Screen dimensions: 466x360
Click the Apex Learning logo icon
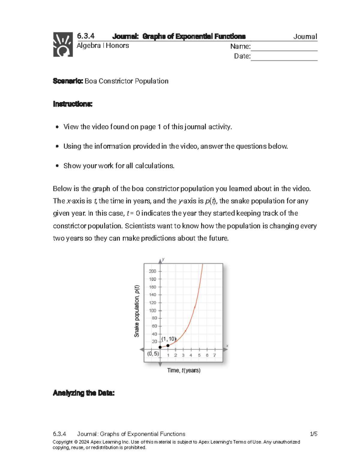[63, 44]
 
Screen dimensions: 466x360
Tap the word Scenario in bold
[68, 81]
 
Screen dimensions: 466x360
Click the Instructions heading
[73, 104]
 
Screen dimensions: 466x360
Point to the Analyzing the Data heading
[84, 393]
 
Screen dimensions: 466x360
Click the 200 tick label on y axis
[152, 271]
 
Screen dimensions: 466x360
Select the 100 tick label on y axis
[152, 311]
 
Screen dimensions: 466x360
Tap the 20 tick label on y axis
[154, 341]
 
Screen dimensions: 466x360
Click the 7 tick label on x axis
[214, 355]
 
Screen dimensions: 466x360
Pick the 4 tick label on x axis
[191, 355]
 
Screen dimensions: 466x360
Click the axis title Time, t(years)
[184, 371]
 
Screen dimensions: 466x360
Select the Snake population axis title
[137, 311]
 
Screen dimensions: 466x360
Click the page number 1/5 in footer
[313, 434]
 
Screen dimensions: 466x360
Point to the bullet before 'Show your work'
[57, 166]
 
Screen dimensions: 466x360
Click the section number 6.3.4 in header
[86, 36]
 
